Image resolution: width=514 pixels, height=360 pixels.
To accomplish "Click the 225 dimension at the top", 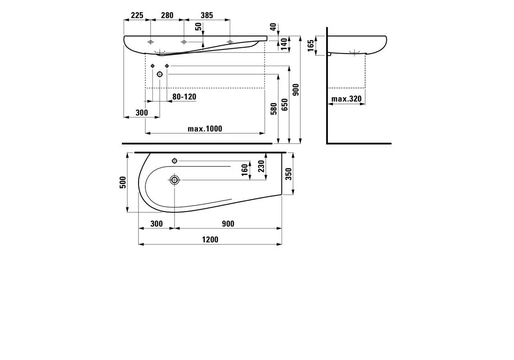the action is (137, 15).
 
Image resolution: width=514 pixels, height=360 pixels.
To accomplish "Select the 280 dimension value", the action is (167, 15).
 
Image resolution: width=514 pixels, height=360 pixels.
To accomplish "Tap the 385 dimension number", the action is (207, 15).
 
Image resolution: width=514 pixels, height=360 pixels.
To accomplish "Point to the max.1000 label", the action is (205, 129).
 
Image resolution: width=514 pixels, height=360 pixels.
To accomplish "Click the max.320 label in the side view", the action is (347, 99).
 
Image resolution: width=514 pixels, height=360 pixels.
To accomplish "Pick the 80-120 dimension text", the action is (184, 96).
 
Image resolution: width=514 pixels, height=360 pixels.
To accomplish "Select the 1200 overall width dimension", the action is (210, 239).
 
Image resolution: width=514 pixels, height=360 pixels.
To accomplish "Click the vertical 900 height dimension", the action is (296, 90).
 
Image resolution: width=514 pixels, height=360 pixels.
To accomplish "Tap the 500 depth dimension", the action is (123, 182).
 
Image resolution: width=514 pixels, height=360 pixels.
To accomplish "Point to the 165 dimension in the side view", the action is (311, 45).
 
